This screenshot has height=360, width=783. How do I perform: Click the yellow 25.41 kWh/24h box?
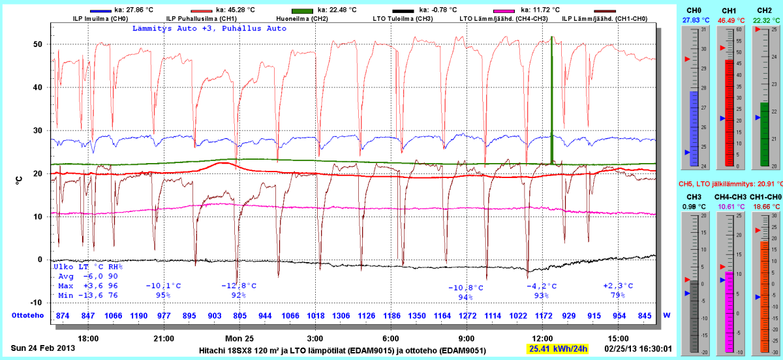pos(557,348)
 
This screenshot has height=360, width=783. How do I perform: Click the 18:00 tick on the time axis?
pos(88,338)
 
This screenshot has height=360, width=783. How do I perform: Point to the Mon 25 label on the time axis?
pos(239,338)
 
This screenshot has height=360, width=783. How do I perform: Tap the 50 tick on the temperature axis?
pos(38,44)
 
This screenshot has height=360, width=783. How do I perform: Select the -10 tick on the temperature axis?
pos(36,303)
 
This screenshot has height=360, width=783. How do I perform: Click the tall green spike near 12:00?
pos(552,98)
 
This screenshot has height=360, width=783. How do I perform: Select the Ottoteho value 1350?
pos(417,316)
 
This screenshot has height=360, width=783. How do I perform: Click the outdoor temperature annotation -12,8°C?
pos(239,286)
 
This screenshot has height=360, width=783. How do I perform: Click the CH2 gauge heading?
pos(761,10)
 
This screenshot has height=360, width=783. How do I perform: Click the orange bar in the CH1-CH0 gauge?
pos(761,293)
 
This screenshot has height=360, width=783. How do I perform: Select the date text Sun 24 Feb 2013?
pos(43,348)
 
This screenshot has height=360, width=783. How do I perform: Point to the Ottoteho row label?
pos(27,316)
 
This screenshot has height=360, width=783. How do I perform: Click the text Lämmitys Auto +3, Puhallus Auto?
pos(209,29)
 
